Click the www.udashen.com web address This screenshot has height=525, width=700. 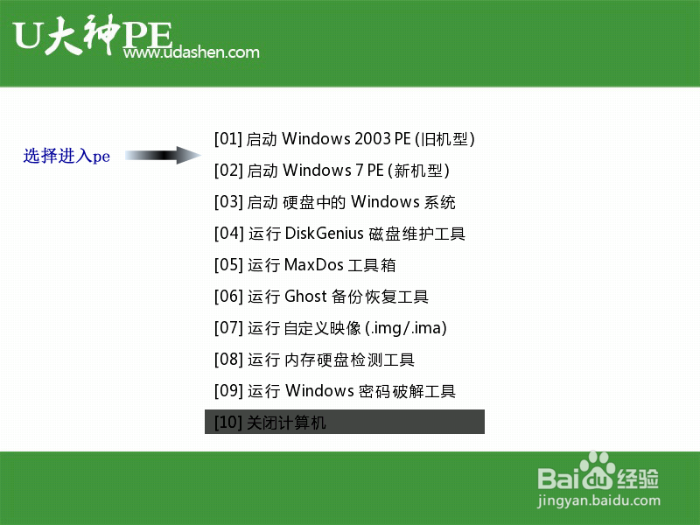pyautogui.click(x=192, y=52)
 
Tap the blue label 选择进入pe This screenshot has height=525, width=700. pyautogui.click(x=66, y=156)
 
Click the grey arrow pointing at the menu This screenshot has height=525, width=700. pyautogui.click(x=163, y=155)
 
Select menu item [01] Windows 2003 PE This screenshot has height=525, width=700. pyautogui.click(x=344, y=139)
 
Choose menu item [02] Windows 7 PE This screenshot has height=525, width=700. pyautogui.click(x=332, y=171)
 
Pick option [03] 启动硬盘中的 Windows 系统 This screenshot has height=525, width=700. pyautogui.click(x=335, y=202)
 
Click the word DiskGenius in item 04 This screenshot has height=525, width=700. pyautogui.click(x=324, y=233)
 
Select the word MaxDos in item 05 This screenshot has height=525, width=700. pyautogui.click(x=313, y=265)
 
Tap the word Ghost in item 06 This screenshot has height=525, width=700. pyautogui.click(x=305, y=296)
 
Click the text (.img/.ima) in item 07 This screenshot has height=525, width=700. pyautogui.click(x=406, y=328)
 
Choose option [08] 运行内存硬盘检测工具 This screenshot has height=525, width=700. pyautogui.click(x=314, y=360)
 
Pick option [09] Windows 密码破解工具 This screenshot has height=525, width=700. pyautogui.click(x=335, y=391)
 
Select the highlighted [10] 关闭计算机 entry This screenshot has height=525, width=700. pyautogui.click(x=345, y=422)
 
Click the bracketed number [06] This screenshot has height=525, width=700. pyautogui.click(x=228, y=297)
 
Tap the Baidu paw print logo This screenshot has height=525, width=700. pyautogui.click(x=598, y=471)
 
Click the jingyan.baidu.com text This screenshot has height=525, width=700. pyautogui.click(x=598, y=500)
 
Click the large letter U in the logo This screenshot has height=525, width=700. pyautogui.click(x=28, y=35)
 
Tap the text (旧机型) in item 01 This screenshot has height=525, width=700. pyautogui.click(x=444, y=139)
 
